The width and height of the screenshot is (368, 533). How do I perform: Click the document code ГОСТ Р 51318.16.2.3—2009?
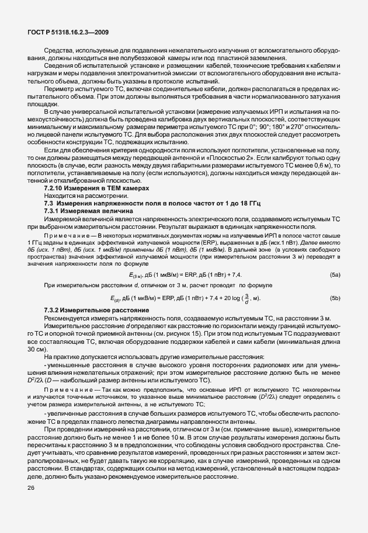click(x=68, y=33)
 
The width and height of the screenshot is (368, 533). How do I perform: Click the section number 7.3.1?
click(x=53, y=210)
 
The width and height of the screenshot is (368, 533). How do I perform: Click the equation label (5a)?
click(x=335, y=274)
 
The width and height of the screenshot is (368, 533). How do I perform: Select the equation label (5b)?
click(x=335, y=298)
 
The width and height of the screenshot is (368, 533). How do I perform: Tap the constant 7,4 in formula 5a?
click(x=235, y=274)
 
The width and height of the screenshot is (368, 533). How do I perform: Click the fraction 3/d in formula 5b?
click(x=248, y=298)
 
